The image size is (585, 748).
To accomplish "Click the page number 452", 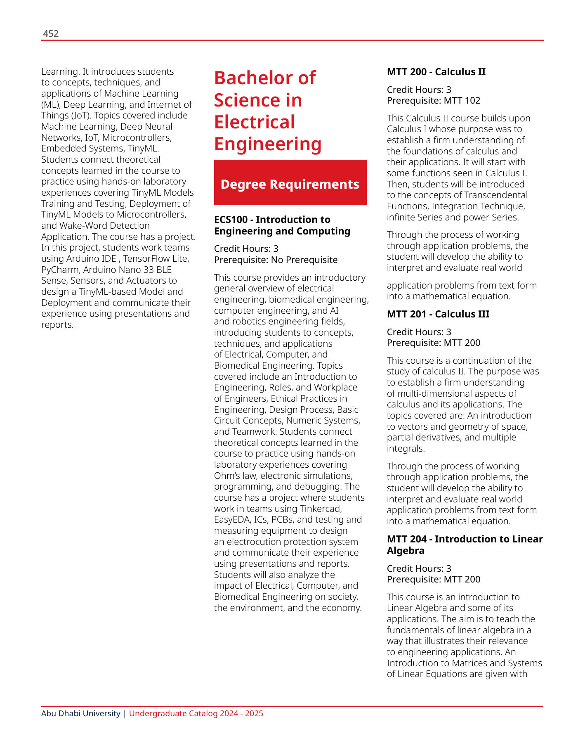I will tap(51, 34).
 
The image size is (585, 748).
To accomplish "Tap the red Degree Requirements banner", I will tap(290, 184).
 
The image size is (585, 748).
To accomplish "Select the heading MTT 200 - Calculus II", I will tap(436, 72).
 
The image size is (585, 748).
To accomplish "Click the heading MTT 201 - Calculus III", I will tap(438, 314).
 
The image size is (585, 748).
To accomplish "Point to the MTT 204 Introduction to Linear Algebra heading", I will tap(465, 544).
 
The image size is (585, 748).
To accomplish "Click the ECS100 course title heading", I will tap(282, 225).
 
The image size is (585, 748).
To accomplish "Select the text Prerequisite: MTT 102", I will tap(433, 100).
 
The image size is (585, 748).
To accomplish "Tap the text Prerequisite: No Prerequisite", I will tap(276, 260).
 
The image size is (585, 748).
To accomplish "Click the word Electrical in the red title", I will tap(255, 122).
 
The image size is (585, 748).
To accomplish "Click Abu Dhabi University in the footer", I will tap(80, 713).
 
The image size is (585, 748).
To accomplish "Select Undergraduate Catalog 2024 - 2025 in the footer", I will tap(196, 713).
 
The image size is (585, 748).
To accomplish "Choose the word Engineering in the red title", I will tap(268, 144).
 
